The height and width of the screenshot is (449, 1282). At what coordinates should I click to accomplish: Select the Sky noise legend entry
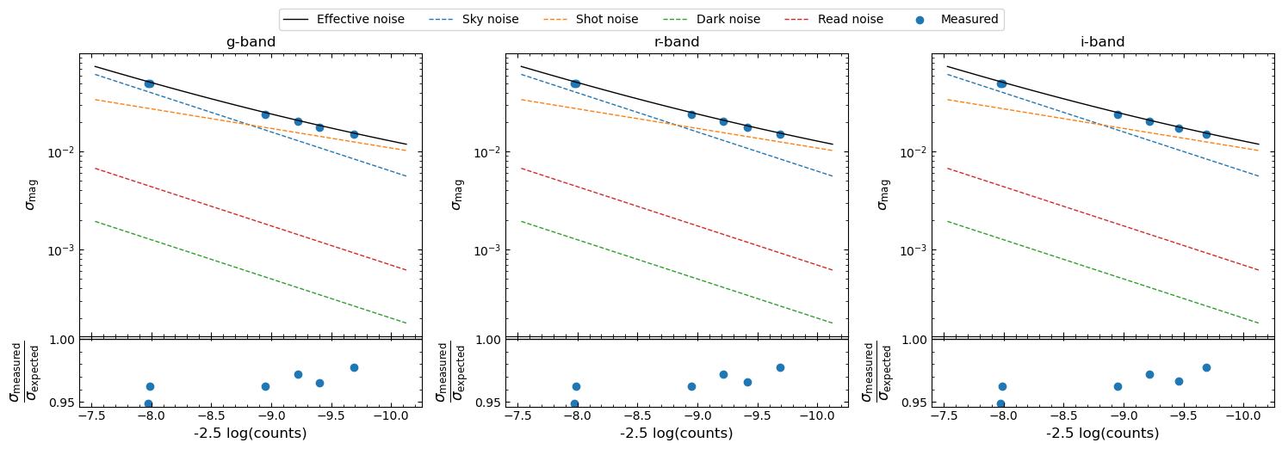(474, 20)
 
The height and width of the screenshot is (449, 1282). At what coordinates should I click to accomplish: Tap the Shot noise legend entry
(590, 20)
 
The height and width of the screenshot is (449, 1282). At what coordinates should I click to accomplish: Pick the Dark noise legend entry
(711, 20)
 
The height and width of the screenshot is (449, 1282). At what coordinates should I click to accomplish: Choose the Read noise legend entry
(834, 20)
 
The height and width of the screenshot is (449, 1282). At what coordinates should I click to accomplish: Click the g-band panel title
(251, 42)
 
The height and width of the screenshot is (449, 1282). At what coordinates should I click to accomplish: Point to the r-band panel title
(677, 42)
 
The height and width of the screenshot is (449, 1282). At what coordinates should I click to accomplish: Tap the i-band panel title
(1103, 42)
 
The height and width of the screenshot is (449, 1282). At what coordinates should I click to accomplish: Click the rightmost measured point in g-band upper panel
(354, 134)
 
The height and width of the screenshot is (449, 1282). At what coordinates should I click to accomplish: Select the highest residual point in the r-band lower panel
(780, 368)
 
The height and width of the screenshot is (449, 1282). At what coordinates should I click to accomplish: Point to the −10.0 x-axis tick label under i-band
(1242, 415)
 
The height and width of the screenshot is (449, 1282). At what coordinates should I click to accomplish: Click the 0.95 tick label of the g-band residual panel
(62, 403)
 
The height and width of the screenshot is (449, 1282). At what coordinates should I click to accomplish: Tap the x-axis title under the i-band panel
(1103, 433)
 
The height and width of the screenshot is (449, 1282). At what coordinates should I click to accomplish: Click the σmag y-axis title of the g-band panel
(31, 195)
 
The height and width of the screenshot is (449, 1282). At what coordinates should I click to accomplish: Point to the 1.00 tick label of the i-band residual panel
(914, 341)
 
